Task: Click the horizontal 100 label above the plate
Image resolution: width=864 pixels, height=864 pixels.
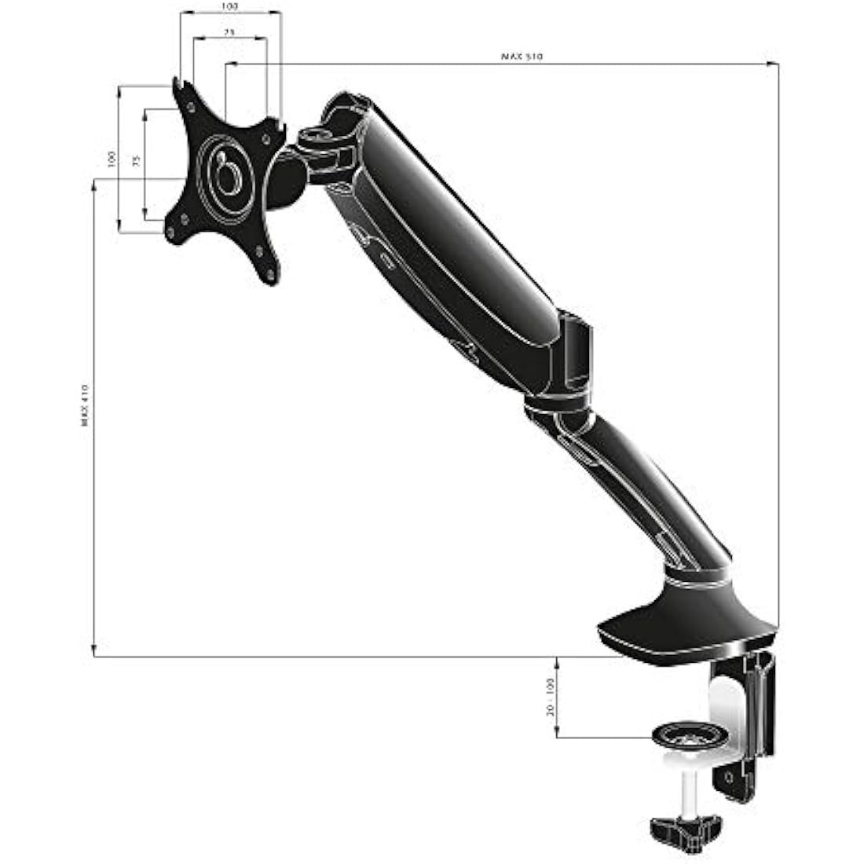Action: click(229, 6)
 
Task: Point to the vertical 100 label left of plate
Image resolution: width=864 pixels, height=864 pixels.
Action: click(111, 159)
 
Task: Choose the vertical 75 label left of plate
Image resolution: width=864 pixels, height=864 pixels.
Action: click(136, 162)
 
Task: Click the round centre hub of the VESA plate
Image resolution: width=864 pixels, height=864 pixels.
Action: click(227, 174)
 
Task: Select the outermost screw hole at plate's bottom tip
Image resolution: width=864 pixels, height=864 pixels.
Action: click(272, 275)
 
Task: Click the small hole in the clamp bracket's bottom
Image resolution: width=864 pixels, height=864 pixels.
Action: click(730, 775)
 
